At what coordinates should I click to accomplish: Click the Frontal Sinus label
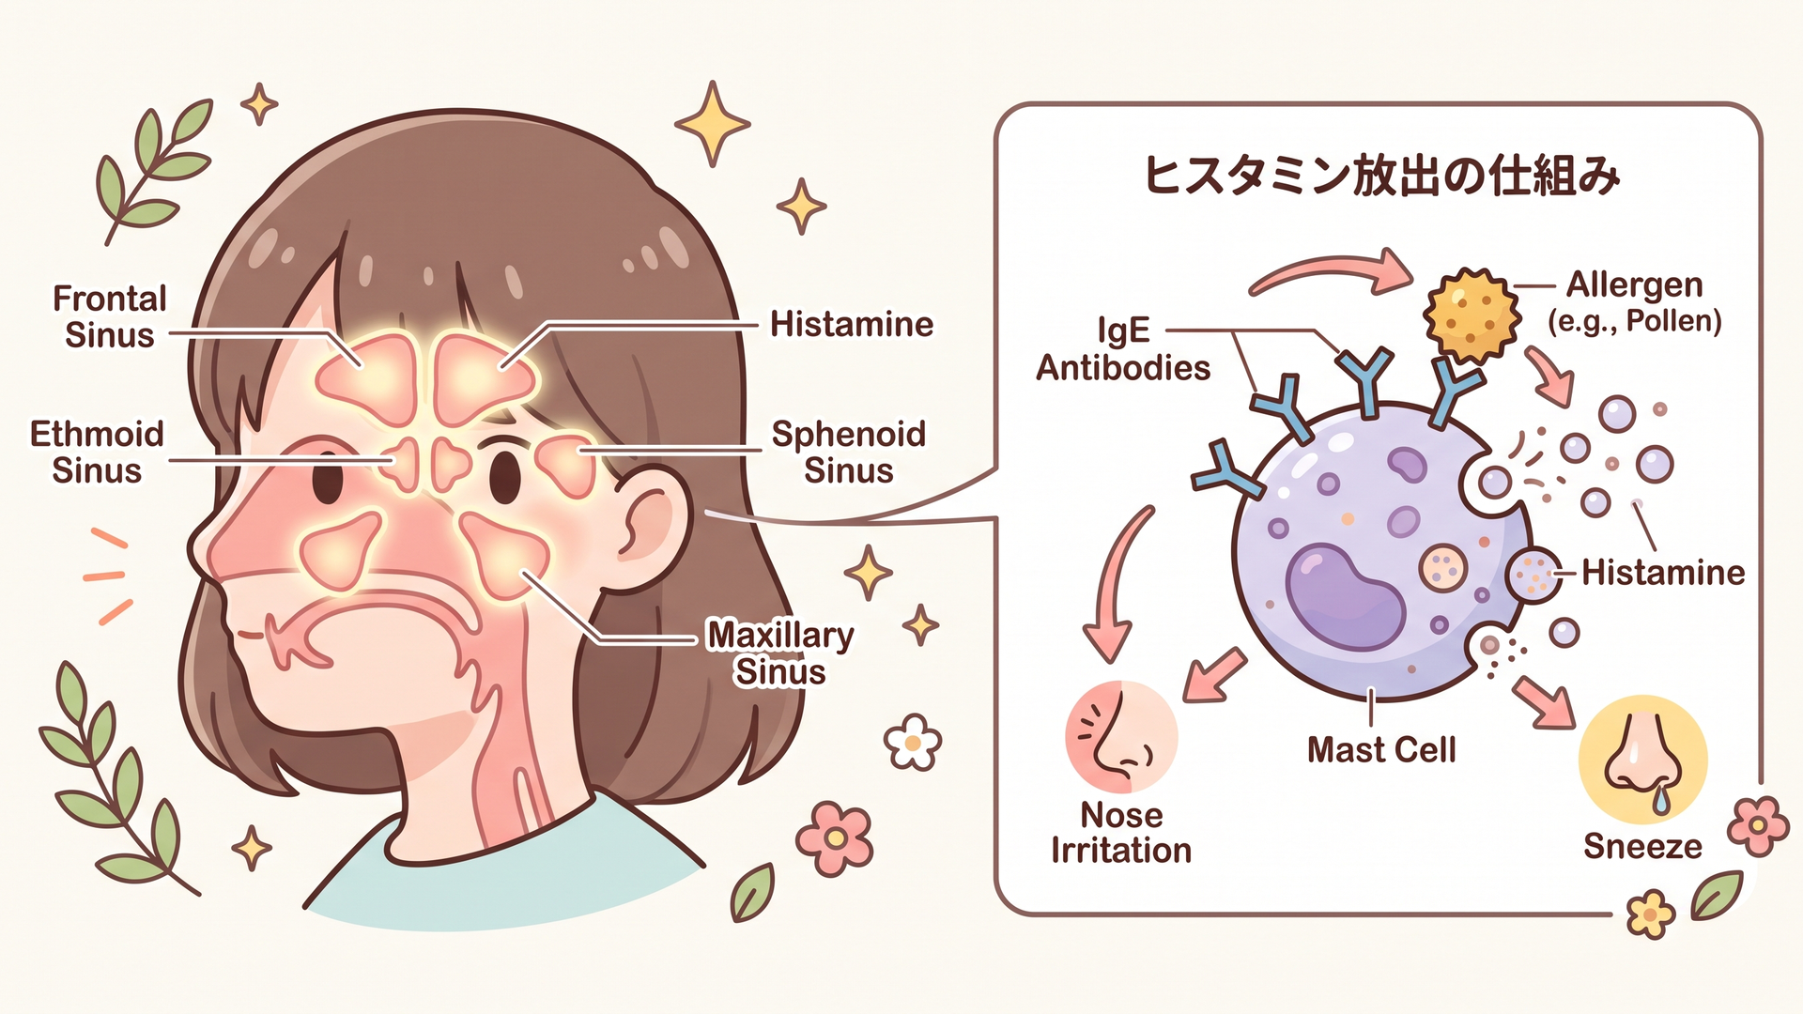click(x=110, y=316)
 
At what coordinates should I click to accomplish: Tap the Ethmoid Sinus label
click(x=97, y=452)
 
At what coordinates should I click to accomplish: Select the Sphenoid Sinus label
click(x=849, y=452)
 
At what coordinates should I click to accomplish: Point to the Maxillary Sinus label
click(x=780, y=653)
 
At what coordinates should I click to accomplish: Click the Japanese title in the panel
click(x=1380, y=176)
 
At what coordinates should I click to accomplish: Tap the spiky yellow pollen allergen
click(x=1471, y=315)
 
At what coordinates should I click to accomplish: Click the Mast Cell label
click(x=1381, y=749)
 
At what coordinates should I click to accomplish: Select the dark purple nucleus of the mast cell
click(x=1345, y=596)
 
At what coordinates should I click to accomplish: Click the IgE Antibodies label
click(x=1123, y=349)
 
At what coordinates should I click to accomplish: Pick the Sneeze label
click(x=1642, y=846)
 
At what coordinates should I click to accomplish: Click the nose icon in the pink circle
click(x=1120, y=737)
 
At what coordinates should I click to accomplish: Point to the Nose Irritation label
click(x=1121, y=832)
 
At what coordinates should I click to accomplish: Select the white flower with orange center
click(x=913, y=743)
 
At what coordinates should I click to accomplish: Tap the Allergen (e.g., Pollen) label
click(x=1635, y=302)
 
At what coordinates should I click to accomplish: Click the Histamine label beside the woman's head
click(x=852, y=325)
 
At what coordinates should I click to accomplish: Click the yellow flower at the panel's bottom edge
click(x=1650, y=914)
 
